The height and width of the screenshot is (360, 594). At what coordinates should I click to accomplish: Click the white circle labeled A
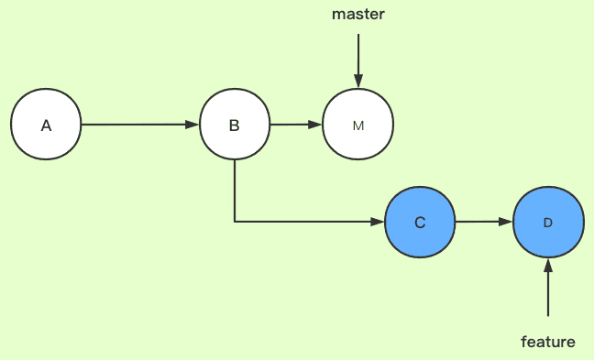(46, 125)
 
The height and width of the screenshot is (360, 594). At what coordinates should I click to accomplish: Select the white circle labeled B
(235, 125)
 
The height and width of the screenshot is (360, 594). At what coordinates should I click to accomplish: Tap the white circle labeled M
(357, 125)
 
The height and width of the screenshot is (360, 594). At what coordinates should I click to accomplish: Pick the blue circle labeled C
(420, 222)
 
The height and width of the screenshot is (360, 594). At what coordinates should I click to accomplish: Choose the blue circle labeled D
(547, 223)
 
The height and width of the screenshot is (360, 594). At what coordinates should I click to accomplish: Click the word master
(357, 15)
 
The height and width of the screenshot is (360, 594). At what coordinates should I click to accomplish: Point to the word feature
(547, 342)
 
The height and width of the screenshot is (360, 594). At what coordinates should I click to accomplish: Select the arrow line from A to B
(137, 125)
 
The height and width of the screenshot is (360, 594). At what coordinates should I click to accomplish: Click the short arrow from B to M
(293, 125)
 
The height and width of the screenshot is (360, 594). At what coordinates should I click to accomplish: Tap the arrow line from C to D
(482, 222)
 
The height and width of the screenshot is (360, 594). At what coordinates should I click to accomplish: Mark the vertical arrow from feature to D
(547, 291)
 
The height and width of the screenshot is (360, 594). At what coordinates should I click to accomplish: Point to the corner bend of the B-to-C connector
(235, 222)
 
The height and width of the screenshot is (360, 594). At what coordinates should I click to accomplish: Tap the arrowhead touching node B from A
(192, 125)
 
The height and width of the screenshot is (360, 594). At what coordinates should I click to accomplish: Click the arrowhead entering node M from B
(316, 125)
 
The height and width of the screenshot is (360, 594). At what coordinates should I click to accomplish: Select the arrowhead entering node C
(378, 222)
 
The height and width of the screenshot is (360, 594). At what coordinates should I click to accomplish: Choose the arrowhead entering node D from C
(505, 222)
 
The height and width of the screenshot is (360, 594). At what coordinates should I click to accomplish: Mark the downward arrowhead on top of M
(357, 82)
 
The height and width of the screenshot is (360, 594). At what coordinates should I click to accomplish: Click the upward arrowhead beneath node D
(547, 266)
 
